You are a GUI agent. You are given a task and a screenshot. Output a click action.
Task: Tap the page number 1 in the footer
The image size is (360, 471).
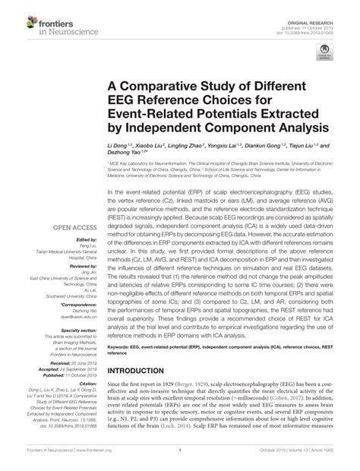coord(180,460)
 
